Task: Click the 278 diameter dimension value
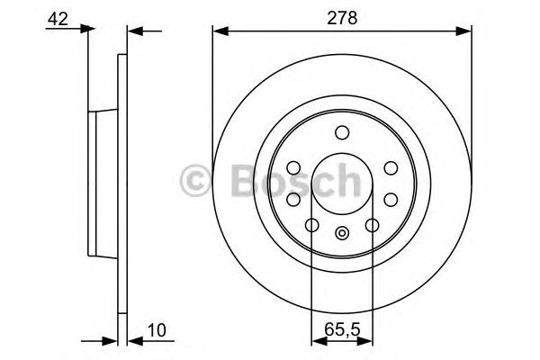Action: [x=342, y=15]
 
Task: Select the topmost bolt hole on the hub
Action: [x=342, y=133]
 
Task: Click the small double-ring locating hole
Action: [x=342, y=236]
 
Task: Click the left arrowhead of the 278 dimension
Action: [x=219, y=31]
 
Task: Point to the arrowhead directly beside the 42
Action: [x=86, y=30]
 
